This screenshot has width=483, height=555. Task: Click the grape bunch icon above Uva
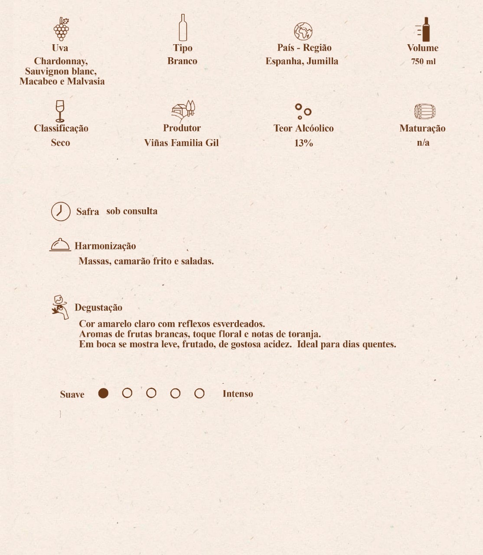coord(61,29)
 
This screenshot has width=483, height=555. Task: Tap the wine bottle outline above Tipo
coord(183,28)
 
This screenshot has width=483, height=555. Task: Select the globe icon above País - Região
coord(303,31)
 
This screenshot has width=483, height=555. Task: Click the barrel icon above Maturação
coord(424,111)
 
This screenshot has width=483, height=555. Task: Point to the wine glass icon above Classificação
coord(60,111)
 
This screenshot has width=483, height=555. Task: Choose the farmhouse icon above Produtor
coord(183,111)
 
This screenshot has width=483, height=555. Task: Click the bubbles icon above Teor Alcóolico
coord(303,111)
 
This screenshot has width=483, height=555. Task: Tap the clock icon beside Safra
coord(61,212)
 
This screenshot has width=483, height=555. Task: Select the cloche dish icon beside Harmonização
coord(60,245)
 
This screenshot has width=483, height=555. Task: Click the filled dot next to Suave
coord(103,393)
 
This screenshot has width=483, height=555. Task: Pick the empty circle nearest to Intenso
coord(199,393)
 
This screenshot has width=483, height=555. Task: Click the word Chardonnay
coord(60,61)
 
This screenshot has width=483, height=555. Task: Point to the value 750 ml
coord(423,62)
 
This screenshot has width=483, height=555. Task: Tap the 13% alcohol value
coord(304,143)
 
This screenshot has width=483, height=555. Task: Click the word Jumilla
coord(322,61)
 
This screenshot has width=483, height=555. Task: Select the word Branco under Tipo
coord(182,61)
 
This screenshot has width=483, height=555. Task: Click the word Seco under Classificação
coord(60,143)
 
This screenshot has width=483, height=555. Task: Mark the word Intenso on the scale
coord(238,394)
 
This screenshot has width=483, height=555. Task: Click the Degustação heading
coord(98,307)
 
